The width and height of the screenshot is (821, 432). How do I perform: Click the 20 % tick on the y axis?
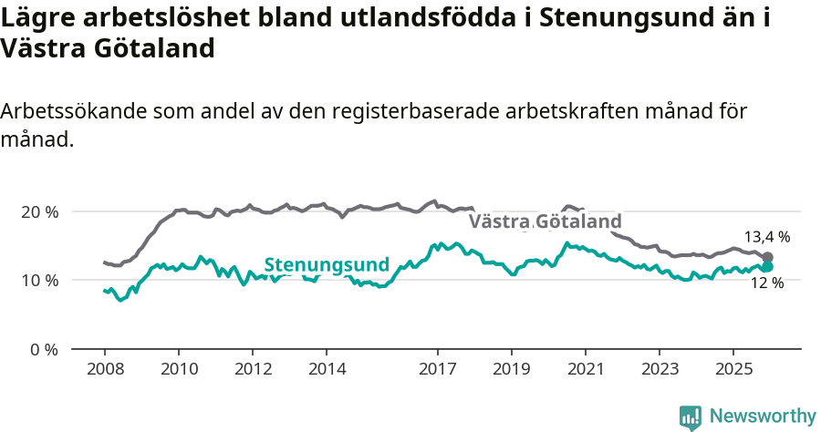[39, 211]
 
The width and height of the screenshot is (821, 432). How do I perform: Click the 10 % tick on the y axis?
[39, 280]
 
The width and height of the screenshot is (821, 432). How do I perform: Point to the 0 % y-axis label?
[43, 349]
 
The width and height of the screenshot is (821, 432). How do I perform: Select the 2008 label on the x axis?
[104, 370]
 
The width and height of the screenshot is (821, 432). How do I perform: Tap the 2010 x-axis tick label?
[178, 370]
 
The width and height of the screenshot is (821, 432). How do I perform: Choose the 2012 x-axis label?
[253, 370]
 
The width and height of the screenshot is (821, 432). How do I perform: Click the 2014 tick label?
[327, 370]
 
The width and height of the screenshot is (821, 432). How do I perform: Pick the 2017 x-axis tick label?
[437, 370]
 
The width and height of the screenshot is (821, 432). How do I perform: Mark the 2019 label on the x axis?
[511, 370]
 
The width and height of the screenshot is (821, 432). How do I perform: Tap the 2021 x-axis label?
[585, 370]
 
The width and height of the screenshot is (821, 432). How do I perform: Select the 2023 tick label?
[660, 370]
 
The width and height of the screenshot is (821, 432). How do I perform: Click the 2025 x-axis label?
[733, 370]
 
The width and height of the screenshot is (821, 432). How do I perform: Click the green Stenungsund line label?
[327, 265]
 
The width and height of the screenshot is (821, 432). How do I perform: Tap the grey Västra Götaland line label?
[546, 221]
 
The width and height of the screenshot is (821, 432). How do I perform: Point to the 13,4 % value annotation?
[766, 237]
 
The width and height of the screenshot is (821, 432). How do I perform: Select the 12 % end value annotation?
[766, 283]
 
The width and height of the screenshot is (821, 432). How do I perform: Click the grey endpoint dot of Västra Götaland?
[767, 258]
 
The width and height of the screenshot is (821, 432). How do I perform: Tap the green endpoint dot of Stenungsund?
[767, 266]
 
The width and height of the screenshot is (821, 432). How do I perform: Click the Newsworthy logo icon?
[691, 417]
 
